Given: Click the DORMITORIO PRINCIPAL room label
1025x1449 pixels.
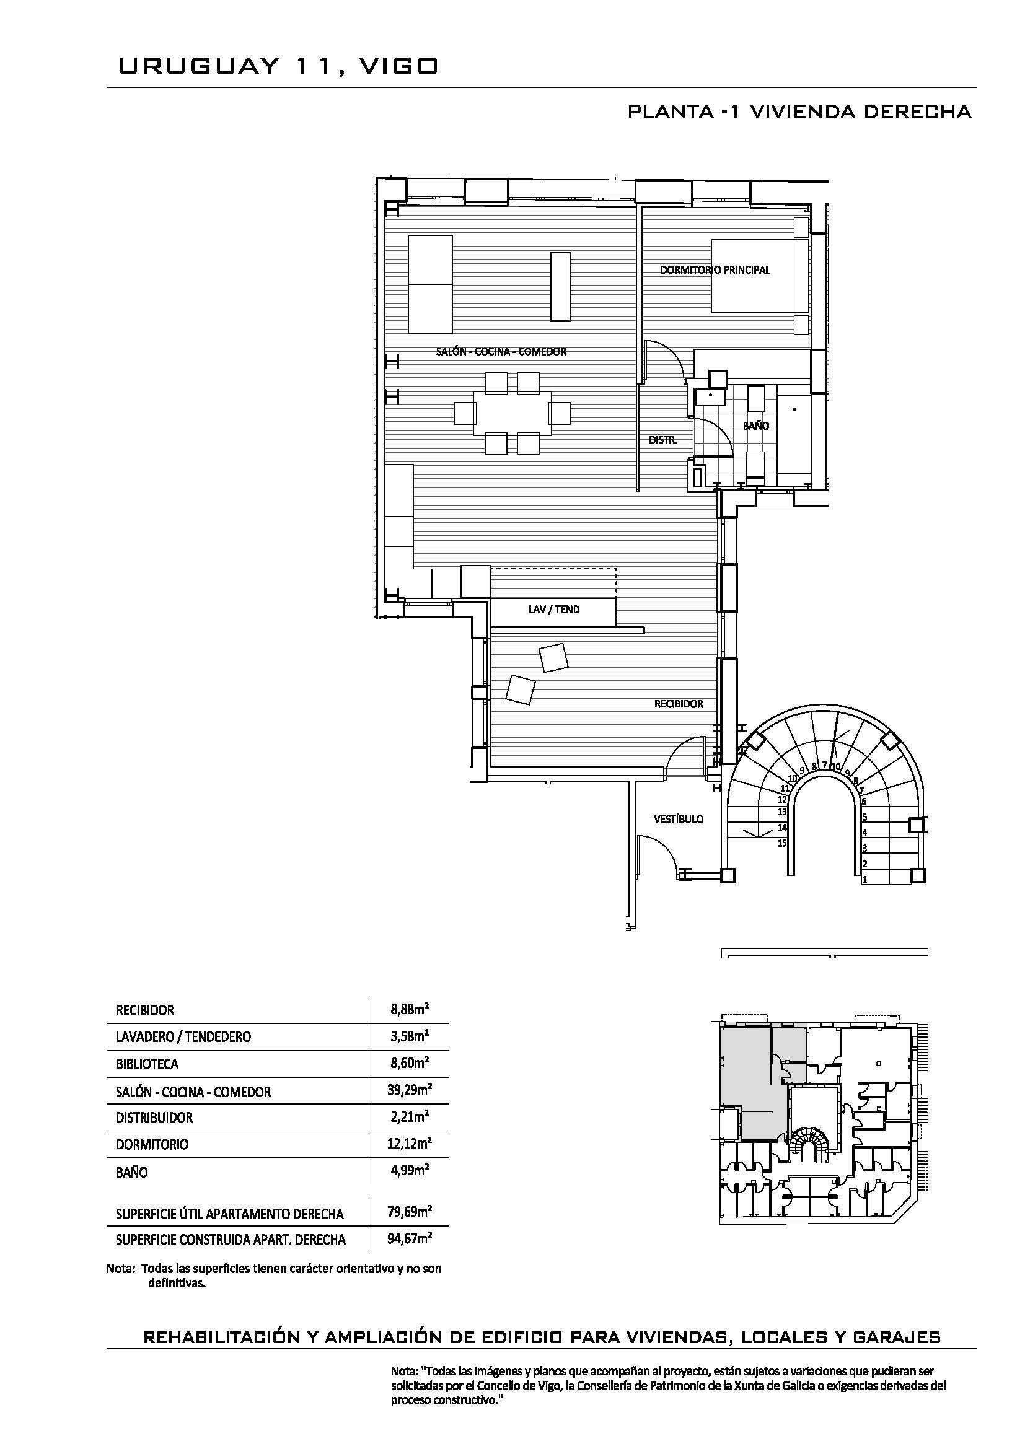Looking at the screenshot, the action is pyautogui.click(x=715, y=270).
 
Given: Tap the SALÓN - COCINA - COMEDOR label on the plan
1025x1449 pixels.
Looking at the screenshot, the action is pyautogui.click(x=501, y=351).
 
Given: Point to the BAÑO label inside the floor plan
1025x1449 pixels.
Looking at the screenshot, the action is pyautogui.click(x=755, y=426).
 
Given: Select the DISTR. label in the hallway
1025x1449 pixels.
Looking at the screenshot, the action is pyautogui.click(x=662, y=440).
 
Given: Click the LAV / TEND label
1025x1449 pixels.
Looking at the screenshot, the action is pyautogui.click(x=554, y=610).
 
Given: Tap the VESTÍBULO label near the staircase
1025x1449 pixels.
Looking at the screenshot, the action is pyautogui.click(x=679, y=819).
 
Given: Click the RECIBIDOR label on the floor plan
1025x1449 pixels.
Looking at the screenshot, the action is pyautogui.click(x=679, y=704).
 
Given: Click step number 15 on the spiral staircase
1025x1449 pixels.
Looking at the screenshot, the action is pyautogui.click(x=782, y=843).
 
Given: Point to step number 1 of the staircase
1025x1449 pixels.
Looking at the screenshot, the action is pyautogui.click(x=864, y=879).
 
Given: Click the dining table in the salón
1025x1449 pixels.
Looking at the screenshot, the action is pyautogui.click(x=512, y=413).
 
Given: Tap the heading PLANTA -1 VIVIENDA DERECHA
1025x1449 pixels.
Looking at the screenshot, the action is pyautogui.click(x=799, y=112).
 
